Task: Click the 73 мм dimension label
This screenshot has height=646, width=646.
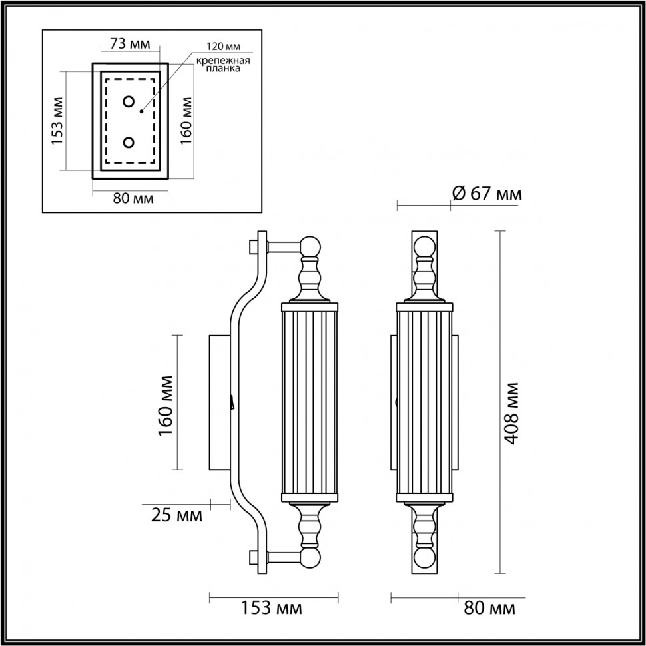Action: [130, 44]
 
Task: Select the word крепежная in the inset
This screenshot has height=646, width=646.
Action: [222, 61]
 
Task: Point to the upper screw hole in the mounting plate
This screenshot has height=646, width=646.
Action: [129, 102]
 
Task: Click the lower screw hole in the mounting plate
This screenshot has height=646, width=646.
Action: [129, 142]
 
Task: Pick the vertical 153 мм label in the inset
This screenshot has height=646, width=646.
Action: [57, 121]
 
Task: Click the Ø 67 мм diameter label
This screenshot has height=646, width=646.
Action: [486, 194]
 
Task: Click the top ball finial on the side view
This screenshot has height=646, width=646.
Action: [310, 247]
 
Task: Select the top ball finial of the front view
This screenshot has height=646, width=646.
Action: [424, 247]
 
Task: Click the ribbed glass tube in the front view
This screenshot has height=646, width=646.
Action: [424, 402]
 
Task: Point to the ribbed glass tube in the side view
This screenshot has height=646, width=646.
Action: [310, 402]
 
